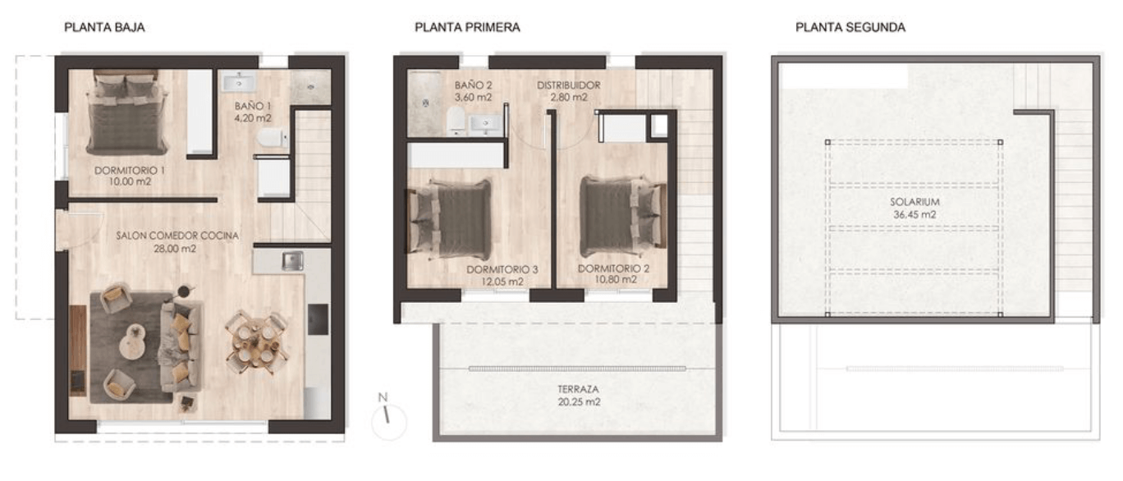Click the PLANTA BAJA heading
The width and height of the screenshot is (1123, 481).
[x=104, y=27]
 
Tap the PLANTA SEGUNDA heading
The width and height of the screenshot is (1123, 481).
[x=850, y=27]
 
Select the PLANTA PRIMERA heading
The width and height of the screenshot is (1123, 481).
[x=467, y=27]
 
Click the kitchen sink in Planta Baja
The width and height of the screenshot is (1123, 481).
[x=292, y=260]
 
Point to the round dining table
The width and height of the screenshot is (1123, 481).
[x=257, y=343]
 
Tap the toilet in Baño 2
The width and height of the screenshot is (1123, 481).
[x=456, y=120]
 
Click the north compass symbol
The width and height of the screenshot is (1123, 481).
[x=388, y=419]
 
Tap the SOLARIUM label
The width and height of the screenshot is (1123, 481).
[x=914, y=202]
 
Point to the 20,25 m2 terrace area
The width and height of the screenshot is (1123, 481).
[x=579, y=402]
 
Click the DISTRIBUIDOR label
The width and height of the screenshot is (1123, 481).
[x=569, y=85]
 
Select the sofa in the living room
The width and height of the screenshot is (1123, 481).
[x=181, y=346]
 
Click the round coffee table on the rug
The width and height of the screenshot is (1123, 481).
[x=132, y=341]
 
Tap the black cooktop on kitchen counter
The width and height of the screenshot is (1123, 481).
[x=318, y=319]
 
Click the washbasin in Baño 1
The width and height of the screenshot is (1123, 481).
[x=239, y=82]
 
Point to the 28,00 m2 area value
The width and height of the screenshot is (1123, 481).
[x=175, y=249]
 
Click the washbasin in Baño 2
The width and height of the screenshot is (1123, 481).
[x=484, y=124]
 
